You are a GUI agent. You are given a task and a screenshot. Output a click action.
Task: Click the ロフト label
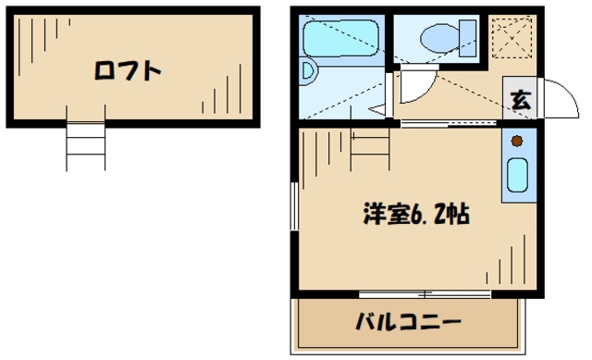129,70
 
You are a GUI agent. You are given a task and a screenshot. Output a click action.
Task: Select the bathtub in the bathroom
341,40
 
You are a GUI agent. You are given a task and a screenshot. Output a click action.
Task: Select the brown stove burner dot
516,142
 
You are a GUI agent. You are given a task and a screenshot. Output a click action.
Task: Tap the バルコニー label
408,324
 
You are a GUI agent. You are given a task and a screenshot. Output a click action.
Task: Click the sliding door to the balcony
425,294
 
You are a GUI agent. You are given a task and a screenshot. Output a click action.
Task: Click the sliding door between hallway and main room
444,123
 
